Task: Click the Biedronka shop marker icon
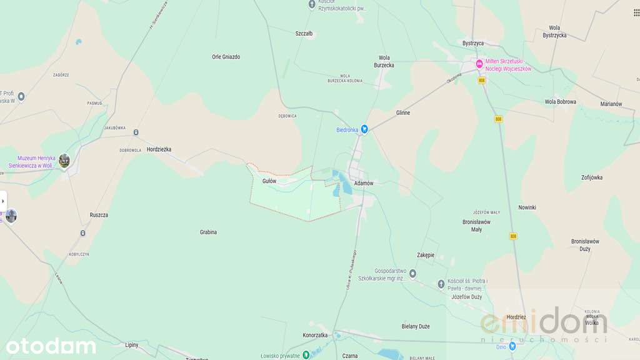click(x=364, y=129)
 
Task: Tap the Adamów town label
click(x=363, y=183)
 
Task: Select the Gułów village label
click(x=269, y=181)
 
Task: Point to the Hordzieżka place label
click(x=159, y=149)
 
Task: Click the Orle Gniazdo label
click(x=226, y=57)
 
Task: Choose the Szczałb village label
click(x=304, y=34)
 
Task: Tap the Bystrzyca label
click(x=473, y=43)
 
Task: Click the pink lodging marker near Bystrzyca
click(x=479, y=63)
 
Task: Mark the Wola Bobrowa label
click(x=560, y=101)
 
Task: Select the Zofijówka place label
click(x=591, y=177)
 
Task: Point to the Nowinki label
click(x=527, y=207)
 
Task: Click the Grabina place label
click(x=208, y=232)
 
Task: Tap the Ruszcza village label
click(x=99, y=215)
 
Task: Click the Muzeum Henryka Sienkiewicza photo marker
click(x=64, y=161)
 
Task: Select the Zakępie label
click(x=426, y=255)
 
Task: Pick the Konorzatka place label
click(x=315, y=335)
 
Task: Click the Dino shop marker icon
click(x=512, y=346)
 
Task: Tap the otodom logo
click(x=51, y=346)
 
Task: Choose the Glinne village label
click(x=403, y=112)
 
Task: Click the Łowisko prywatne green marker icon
click(x=306, y=354)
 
